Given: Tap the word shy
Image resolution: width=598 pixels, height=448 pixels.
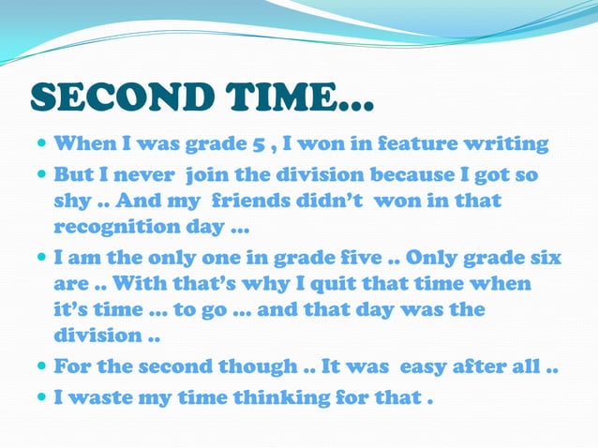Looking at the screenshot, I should (x=71, y=202).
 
